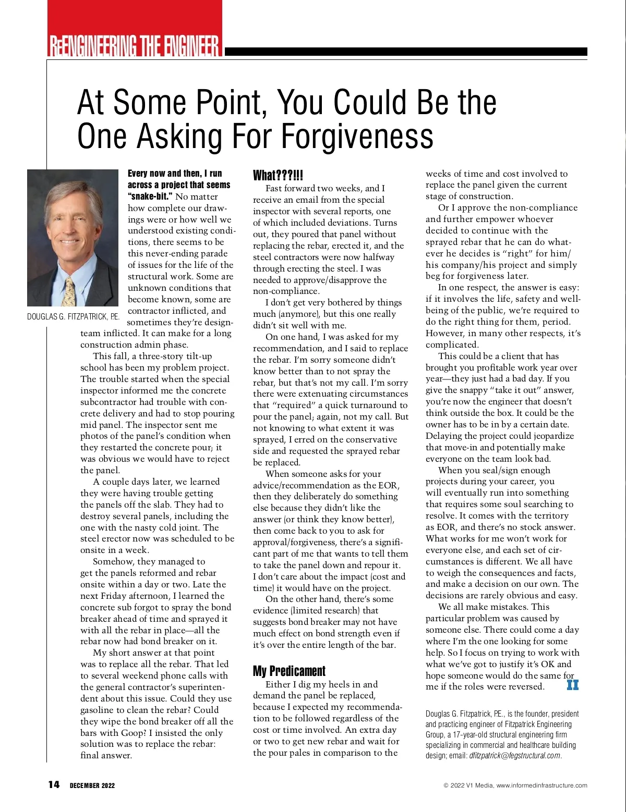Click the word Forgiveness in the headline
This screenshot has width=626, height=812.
pos(358,137)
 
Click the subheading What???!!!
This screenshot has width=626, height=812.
pos(278,175)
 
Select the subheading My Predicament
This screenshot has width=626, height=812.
pos(289,671)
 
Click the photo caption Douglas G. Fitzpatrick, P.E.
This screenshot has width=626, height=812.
pos(73,316)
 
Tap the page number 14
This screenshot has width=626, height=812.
pos(54,785)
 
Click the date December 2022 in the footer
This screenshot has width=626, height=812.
pos(92,785)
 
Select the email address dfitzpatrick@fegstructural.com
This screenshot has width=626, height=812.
pos(515,756)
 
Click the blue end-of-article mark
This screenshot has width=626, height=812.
pos(572,685)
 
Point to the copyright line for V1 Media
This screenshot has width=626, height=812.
pos(515,785)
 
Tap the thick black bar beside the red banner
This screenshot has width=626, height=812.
pos(405,52)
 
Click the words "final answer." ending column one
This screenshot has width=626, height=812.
pos(106,755)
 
